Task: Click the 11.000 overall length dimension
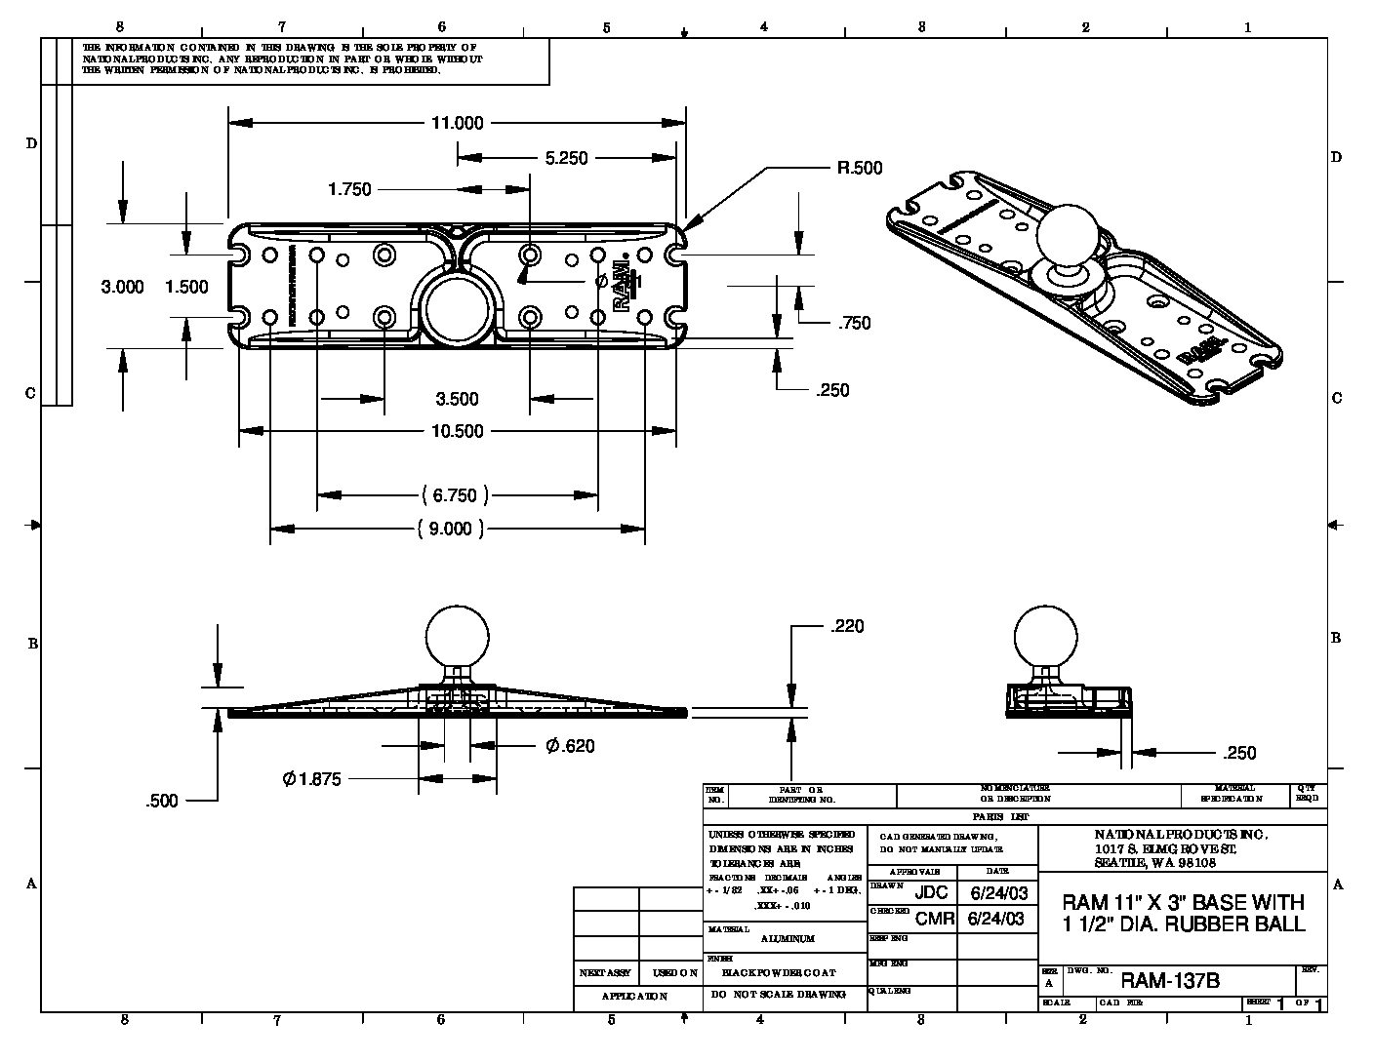point(457,123)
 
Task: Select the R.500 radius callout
point(859,168)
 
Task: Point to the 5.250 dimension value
point(565,158)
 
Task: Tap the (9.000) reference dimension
point(450,529)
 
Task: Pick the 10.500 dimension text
point(457,431)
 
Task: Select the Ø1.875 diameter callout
point(311,779)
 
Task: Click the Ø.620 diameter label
point(570,746)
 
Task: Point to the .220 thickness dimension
point(847,627)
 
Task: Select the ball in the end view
point(1046,635)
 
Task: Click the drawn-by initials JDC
point(931,893)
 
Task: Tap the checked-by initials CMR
point(934,919)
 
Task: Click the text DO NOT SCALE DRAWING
point(779,995)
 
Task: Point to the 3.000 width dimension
point(123,287)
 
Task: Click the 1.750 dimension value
point(349,189)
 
